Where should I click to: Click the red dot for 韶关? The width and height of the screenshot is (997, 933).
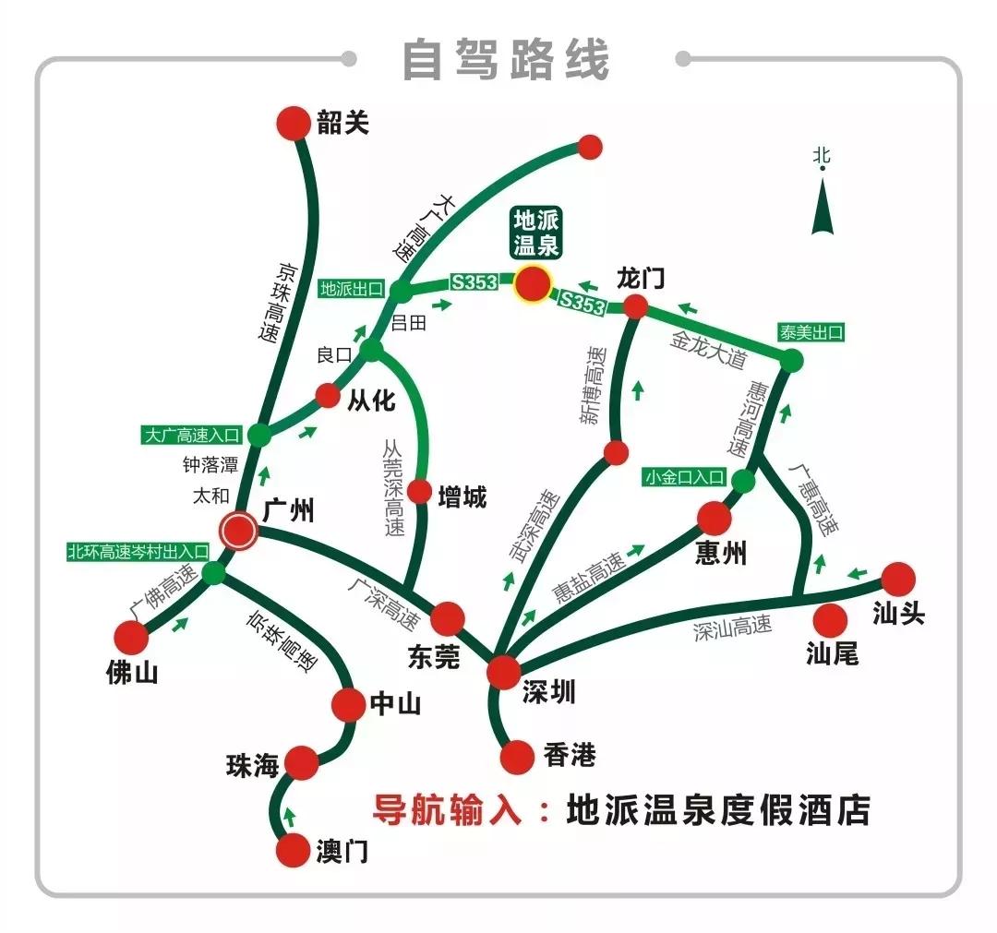pos(294,124)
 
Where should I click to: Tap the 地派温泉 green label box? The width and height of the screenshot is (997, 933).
pos(536,233)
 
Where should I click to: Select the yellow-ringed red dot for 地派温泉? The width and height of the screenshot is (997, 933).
pos(532,284)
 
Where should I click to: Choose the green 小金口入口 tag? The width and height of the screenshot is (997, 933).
pos(686,478)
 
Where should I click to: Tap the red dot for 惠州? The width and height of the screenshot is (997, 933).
pos(715,519)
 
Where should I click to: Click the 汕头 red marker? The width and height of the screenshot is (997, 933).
pos(897,580)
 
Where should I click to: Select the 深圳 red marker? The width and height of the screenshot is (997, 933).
pos(505,672)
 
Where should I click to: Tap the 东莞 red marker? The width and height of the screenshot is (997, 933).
pos(448,618)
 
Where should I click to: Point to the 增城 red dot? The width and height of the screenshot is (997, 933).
pos(420,491)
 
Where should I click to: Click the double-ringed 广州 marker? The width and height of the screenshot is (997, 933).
pos(238,531)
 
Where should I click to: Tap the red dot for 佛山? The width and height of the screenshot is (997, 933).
pos(131,637)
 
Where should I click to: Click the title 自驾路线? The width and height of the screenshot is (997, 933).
pos(507,59)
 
